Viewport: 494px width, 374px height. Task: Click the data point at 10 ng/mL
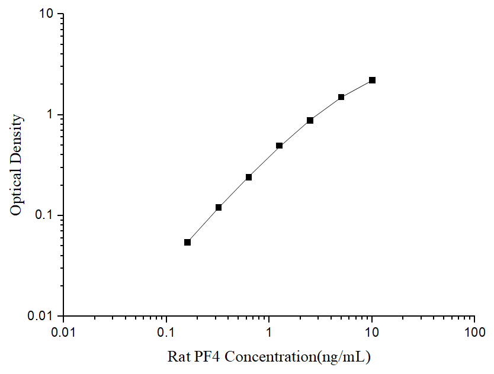tap(372, 80)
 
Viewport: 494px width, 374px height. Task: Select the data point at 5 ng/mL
tap(341, 97)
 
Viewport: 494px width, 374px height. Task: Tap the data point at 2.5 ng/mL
tap(310, 120)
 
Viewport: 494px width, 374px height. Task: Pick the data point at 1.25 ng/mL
tap(279, 146)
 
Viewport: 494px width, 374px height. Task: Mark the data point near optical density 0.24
tap(249, 177)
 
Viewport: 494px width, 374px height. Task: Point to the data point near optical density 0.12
tap(219, 207)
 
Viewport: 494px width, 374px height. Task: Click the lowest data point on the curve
tap(188, 242)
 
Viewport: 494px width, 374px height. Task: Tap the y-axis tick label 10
tap(49, 14)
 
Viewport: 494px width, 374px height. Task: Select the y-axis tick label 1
tap(52, 114)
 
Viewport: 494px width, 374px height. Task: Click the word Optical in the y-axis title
tap(17, 193)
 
